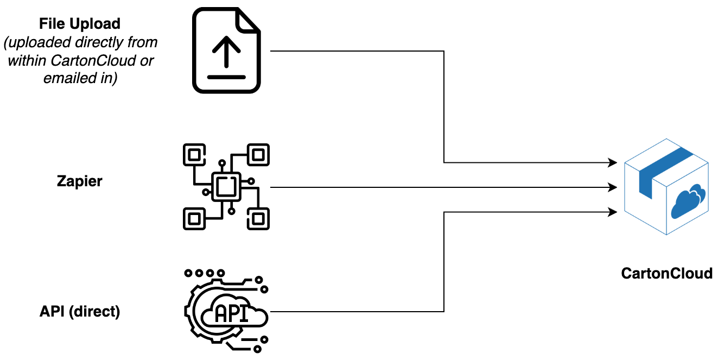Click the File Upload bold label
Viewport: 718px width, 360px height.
[80, 24]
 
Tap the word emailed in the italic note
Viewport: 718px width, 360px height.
[63, 79]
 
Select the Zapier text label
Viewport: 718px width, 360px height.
[79, 181]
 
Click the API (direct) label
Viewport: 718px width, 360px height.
[80, 312]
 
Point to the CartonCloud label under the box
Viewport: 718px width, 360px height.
[666, 273]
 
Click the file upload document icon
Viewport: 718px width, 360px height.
[225, 51]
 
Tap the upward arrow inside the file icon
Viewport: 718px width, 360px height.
[226, 52]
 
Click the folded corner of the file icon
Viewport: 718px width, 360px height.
[249, 20]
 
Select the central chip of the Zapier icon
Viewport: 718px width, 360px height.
[226, 187]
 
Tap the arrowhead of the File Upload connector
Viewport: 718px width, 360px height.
[614, 162]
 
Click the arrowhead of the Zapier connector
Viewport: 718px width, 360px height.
[614, 187]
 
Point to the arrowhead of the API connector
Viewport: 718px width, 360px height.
[614, 212]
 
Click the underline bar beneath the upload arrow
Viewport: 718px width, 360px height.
[226, 77]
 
